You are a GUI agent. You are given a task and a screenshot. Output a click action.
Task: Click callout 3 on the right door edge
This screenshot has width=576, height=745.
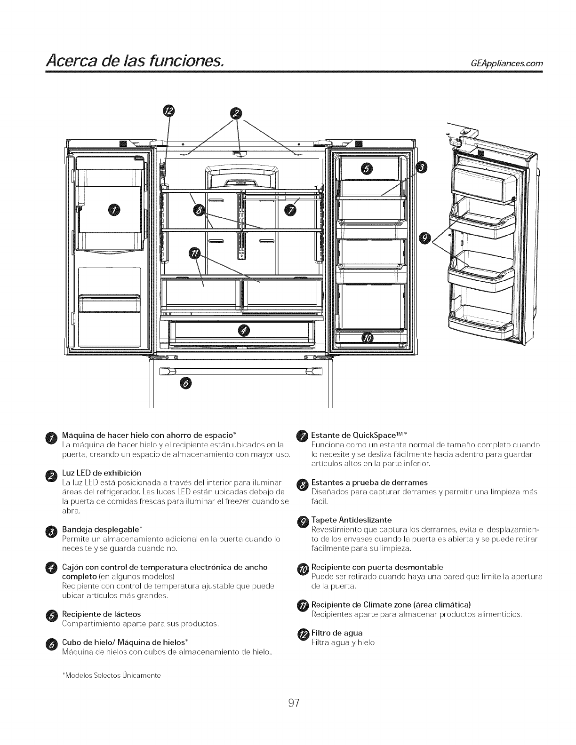(x=422, y=168)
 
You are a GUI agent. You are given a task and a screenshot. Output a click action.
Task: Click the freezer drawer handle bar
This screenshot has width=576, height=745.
(x=241, y=371)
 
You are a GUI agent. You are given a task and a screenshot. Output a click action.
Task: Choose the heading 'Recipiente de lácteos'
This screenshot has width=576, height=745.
(x=101, y=614)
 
